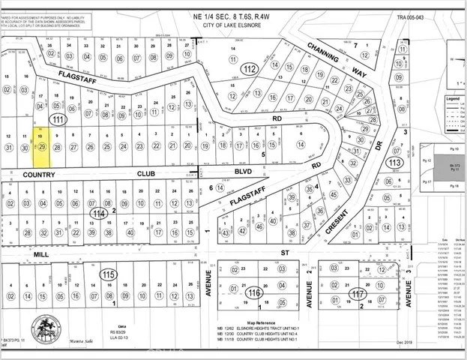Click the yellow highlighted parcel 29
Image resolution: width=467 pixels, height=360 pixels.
42,145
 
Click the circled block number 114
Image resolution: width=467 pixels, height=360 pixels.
97,213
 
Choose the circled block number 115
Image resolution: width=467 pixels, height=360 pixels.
108,274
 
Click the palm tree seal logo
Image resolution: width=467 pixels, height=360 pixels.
46,328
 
